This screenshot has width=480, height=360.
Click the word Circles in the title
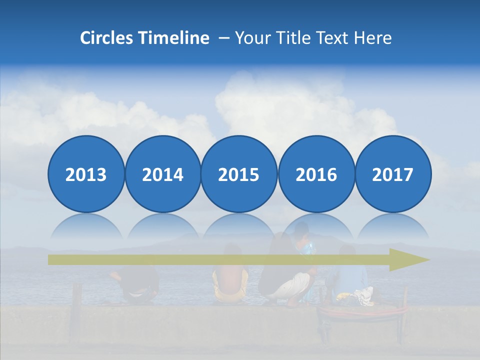pos(105,38)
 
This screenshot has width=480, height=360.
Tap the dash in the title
pos(224,38)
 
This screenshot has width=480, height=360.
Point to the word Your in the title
pos(251,38)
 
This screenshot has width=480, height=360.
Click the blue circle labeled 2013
pos(86,174)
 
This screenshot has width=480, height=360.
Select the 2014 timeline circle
pos(162,174)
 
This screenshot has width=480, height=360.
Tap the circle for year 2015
pos(239,174)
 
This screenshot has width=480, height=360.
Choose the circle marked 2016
pos(316,174)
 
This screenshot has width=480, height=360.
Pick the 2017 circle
pos(392,174)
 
